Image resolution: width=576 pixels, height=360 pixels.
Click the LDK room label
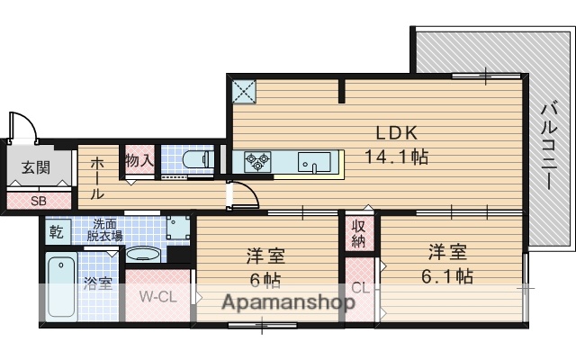pyautogui.click(x=395, y=132)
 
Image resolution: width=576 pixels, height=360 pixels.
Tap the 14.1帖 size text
pyautogui.click(x=395, y=156)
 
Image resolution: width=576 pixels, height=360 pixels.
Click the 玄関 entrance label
pyautogui.click(x=37, y=166)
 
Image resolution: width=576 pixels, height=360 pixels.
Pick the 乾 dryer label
pyautogui.click(x=56, y=231)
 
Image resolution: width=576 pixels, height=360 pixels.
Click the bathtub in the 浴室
pyautogui.click(x=60, y=285)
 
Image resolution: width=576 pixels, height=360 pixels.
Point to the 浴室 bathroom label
pyautogui.click(x=98, y=284)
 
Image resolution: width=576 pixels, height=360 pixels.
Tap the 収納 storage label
pyautogui.click(x=358, y=233)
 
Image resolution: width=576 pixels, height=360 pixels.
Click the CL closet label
pyautogui.click(x=359, y=288)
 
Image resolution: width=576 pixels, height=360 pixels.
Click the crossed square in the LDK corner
pyautogui.click(x=245, y=91)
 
